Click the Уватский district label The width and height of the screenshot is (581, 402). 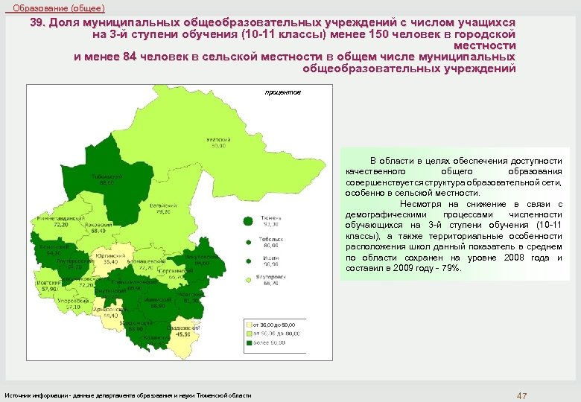(x=219, y=140)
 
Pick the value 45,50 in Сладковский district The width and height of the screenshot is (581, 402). (x=182, y=334)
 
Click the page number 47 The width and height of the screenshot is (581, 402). (x=521, y=395)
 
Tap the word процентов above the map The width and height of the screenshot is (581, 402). (x=282, y=93)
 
